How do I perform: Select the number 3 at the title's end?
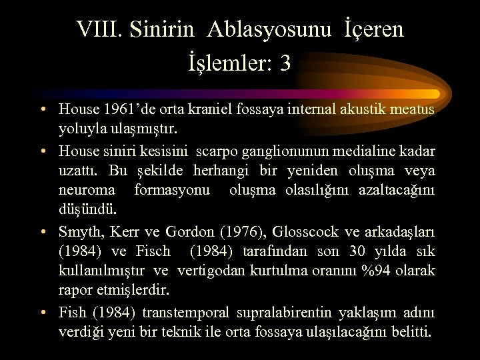[x=285, y=63]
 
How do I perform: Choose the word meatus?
[x=413, y=108]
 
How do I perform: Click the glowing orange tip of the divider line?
[x=434, y=94]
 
